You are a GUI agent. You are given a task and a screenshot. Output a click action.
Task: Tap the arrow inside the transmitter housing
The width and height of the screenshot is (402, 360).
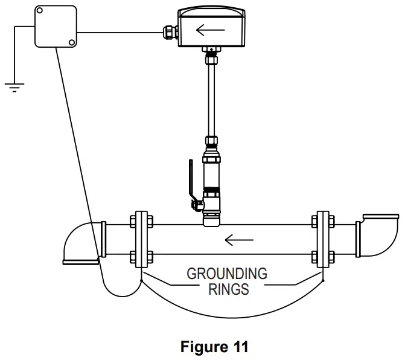(211, 29)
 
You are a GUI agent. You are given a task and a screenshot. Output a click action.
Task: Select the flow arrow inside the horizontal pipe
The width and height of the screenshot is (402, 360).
(239, 240)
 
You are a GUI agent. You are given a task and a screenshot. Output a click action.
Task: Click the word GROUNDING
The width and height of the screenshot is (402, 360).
(227, 273)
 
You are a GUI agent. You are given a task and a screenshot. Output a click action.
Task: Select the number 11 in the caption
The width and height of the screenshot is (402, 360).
(238, 347)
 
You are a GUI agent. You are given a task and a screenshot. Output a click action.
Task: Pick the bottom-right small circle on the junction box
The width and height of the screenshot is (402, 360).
(71, 42)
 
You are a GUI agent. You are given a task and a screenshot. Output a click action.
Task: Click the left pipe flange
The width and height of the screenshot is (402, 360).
(141, 239)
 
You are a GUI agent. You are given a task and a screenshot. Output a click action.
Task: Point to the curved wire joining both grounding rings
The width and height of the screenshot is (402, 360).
(232, 316)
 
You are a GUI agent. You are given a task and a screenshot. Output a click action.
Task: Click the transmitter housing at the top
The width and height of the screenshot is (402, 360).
(211, 27)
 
